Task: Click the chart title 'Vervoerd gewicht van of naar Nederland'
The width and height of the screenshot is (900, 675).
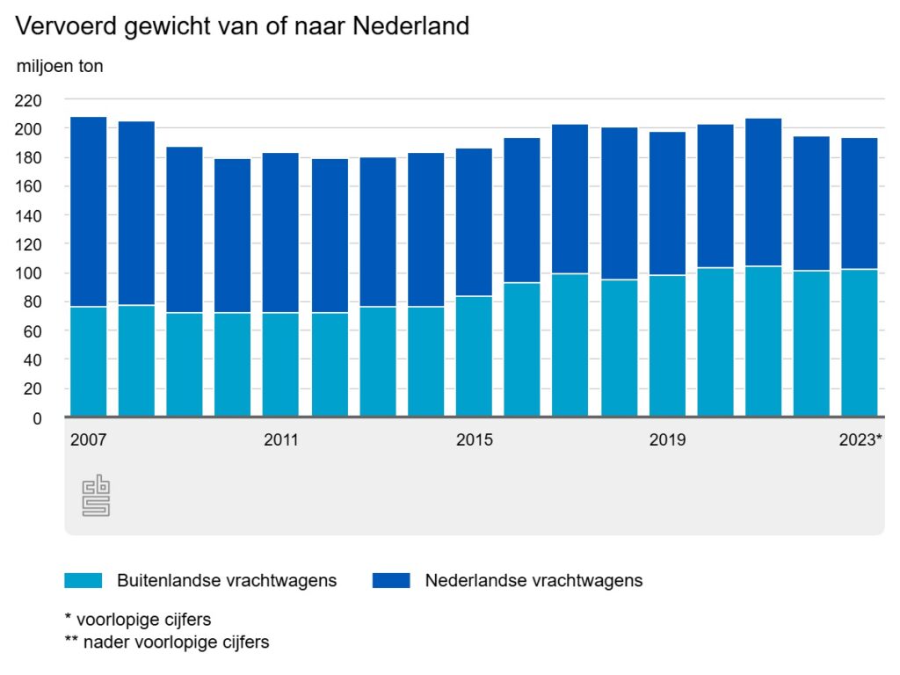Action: [242, 26]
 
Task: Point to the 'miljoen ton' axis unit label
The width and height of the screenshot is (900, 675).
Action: [60, 66]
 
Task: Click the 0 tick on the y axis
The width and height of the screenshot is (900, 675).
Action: [37, 417]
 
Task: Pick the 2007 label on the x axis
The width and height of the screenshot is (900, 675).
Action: [88, 439]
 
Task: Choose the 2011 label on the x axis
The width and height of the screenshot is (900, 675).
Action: [281, 439]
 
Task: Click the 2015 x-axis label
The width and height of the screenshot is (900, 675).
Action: [474, 439]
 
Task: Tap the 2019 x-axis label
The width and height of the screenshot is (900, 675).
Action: [667, 439]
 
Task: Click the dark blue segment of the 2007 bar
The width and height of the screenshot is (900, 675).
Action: [88, 211]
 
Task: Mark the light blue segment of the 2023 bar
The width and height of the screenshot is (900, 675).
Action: [860, 343]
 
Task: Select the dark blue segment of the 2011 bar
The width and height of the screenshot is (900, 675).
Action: [281, 233]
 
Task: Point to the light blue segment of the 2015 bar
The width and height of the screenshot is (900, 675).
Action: [474, 356]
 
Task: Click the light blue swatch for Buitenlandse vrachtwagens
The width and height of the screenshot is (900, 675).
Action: [83, 580]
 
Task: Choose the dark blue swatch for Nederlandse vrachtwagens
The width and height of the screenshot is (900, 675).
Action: [391, 580]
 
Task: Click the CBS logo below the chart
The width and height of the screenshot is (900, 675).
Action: [96, 497]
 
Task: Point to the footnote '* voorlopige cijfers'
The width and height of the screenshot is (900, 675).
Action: [138, 619]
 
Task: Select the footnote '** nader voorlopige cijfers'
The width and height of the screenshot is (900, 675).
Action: [167, 642]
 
